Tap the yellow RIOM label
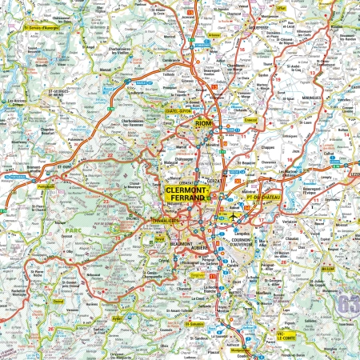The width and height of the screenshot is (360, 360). [206, 125]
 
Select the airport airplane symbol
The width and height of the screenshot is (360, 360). [232, 218]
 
